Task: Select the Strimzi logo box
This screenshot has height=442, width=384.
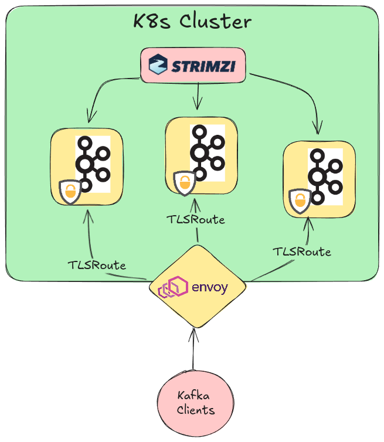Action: point(192,64)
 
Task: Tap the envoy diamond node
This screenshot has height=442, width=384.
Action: point(196,288)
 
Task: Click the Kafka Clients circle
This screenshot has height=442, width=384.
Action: point(192,403)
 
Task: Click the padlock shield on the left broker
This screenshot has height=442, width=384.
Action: point(70,192)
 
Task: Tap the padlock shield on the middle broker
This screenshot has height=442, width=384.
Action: point(184,183)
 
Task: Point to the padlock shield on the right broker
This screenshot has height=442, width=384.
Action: point(300,201)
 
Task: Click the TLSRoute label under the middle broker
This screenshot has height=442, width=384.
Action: point(196,219)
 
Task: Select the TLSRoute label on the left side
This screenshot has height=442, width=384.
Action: point(97,264)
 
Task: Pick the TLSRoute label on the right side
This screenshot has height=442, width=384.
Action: point(301,251)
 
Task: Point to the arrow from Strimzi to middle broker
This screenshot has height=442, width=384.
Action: point(198,97)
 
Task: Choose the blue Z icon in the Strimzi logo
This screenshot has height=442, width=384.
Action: point(158,64)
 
